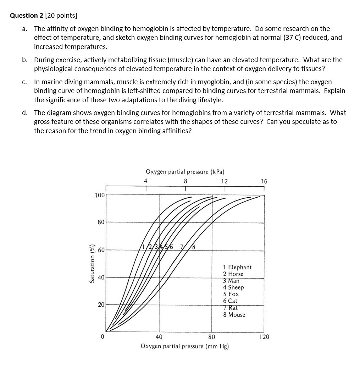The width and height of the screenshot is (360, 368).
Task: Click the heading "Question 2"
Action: click(x=26, y=16)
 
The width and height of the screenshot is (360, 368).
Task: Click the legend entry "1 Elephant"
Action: click(x=237, y=267)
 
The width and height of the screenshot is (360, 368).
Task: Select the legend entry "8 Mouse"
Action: click(x=234, y=315)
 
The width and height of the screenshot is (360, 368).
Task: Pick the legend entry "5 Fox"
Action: click(x=231, y=294)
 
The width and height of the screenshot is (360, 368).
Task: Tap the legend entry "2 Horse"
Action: click(x=233, y=274)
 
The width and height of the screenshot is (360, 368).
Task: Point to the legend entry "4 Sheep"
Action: click(x=233, y=287)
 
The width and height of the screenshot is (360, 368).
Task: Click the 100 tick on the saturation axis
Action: click(x=99, y=195)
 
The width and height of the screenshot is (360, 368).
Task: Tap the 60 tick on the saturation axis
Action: click(x=101, y=250)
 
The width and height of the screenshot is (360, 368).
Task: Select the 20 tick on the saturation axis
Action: click(x=101, y=305)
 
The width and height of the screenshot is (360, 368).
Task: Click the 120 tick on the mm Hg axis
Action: click(x=264, y=337)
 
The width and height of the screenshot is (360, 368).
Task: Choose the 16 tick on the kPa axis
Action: click(x=264, y=181)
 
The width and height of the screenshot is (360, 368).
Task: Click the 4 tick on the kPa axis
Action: click(x=145, y=181)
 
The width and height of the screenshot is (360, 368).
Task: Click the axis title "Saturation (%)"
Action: click(x=92, y=263)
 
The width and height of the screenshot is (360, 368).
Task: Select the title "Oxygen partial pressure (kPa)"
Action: click(x=185, y=172)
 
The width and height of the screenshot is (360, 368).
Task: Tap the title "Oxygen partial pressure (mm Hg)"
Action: click(x=185, y=346)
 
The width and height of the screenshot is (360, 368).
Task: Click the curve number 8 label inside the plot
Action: click(x=194, y=247)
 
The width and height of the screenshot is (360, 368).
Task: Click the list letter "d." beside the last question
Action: click(x=24, y=113)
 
